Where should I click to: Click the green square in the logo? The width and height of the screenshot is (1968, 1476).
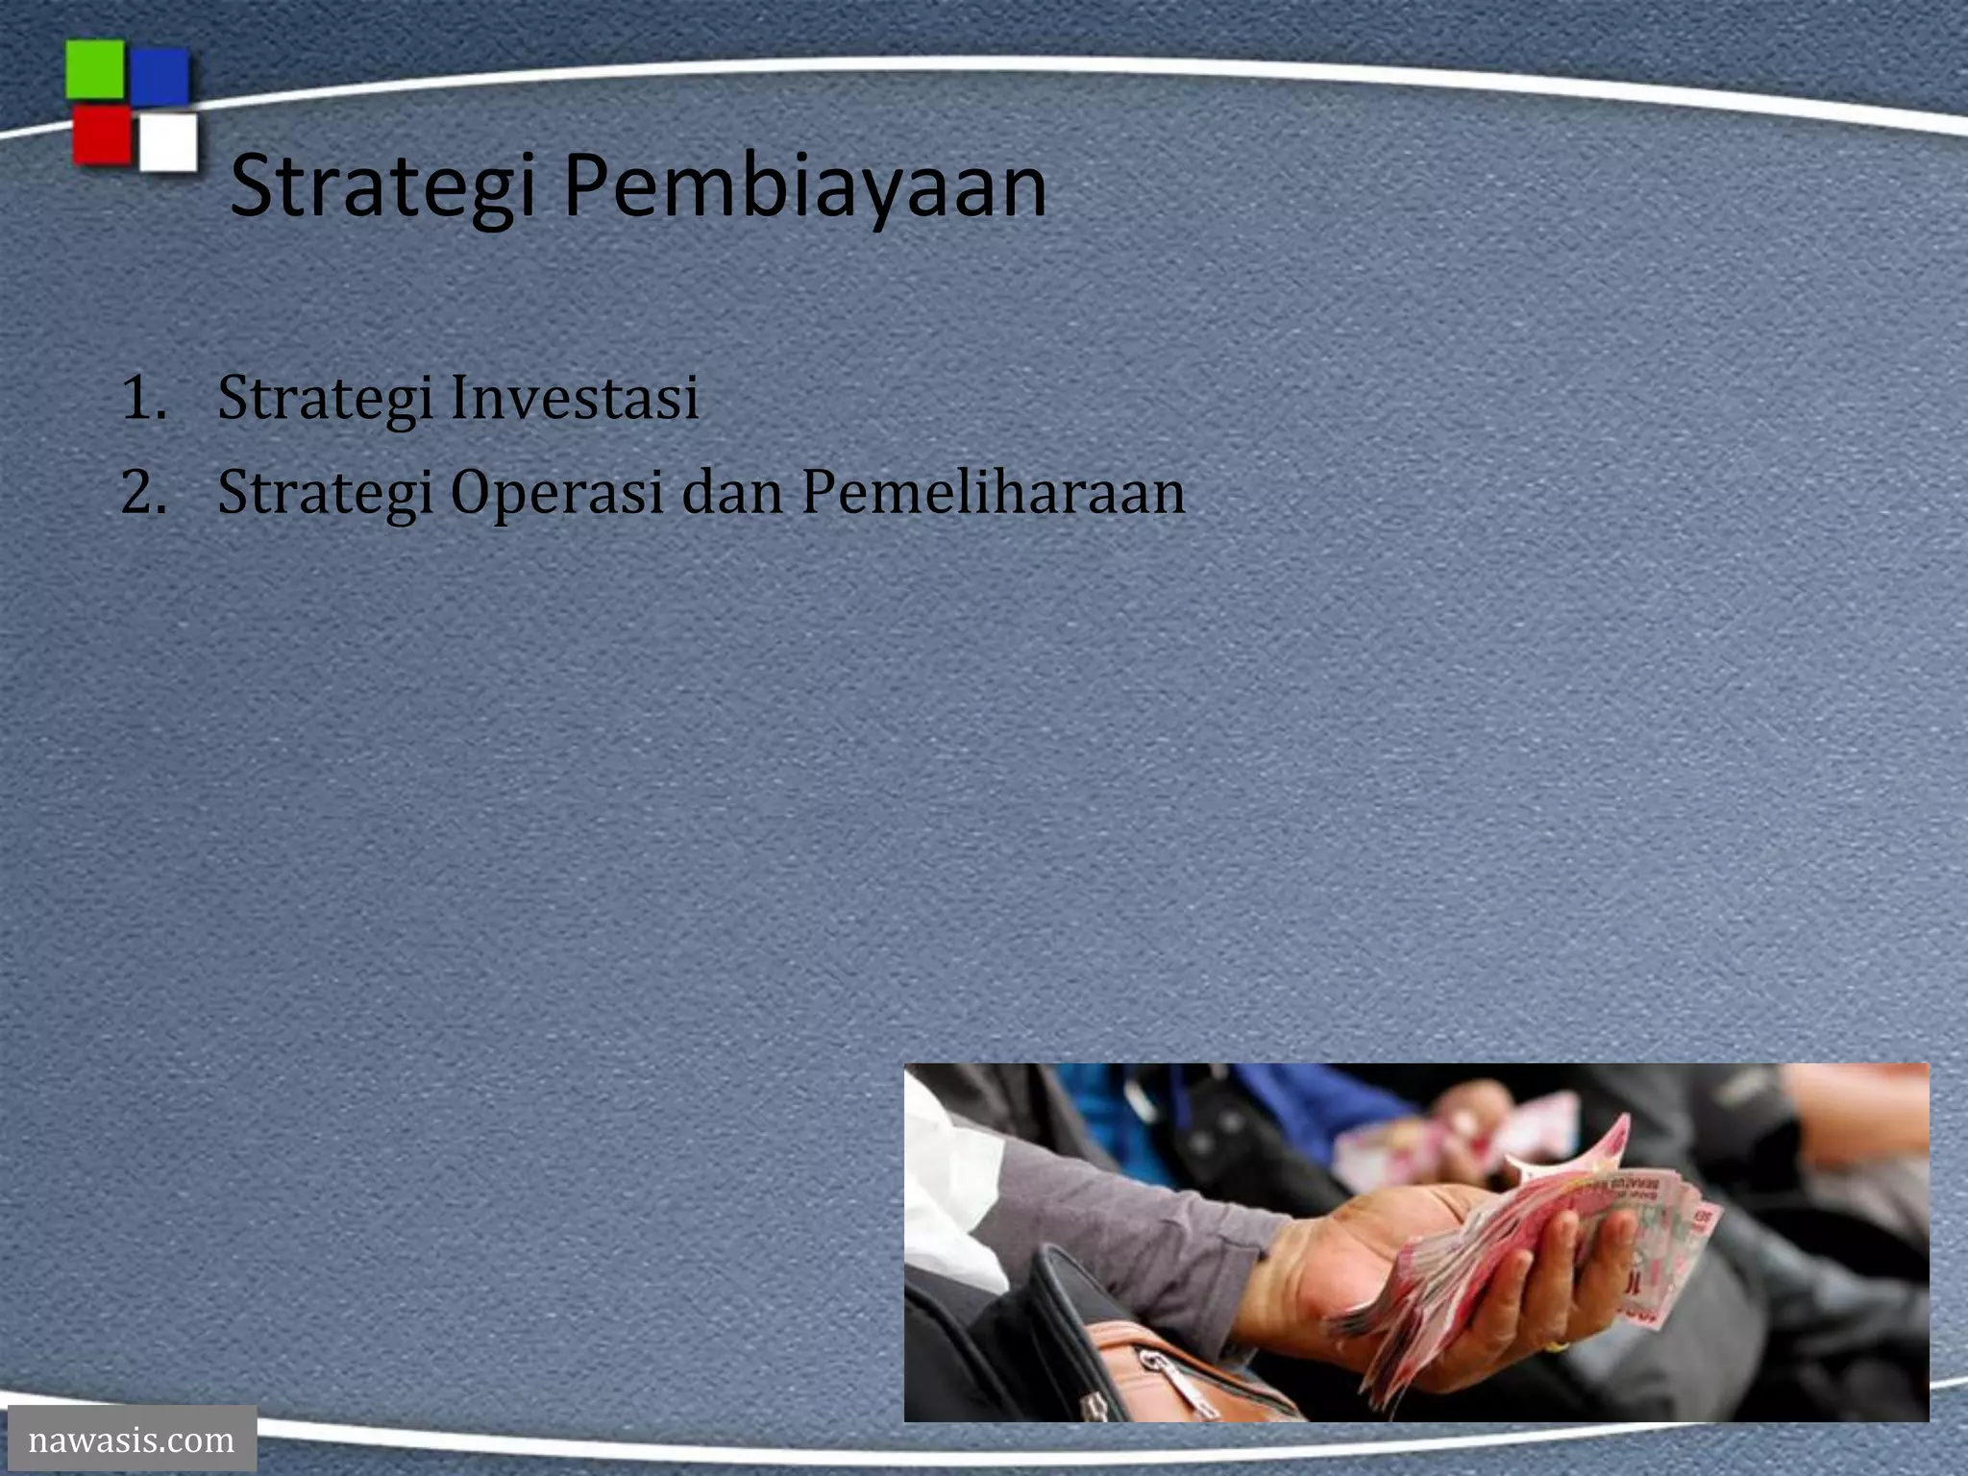tap(94, 69)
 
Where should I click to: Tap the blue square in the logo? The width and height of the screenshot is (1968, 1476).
tap(160, 77)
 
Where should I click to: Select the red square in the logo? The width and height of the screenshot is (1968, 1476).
tap(101, 135)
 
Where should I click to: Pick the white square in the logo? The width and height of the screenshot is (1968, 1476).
tap(168, 142)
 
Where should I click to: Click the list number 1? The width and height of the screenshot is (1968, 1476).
tap(141, 398)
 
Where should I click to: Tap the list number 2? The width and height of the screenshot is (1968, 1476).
tap(142, 492)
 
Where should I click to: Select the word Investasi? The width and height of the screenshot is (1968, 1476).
tap(574, 398)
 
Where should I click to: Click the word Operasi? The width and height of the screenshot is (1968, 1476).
tap(556, 494)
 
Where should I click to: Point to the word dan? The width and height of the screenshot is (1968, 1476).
tap(732, 492)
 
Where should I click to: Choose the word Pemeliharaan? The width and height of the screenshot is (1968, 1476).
tap(993, 492)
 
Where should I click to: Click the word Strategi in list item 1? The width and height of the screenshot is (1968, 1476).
tap(325, 400)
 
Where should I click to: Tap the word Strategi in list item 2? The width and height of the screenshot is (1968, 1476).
tap(325, 494)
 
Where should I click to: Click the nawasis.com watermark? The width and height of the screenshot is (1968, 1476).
tap(132, 1439)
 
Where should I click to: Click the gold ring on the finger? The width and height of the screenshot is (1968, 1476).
tap(1555, 1347)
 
